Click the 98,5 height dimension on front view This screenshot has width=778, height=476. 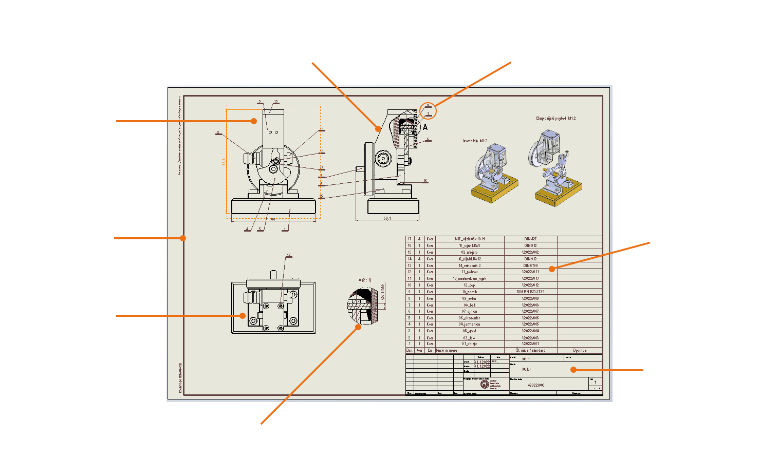(x=224, y=162)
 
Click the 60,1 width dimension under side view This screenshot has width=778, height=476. (x=387, y=218)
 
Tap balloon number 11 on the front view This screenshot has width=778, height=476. (x=322, y=129)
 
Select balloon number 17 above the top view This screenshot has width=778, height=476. (x=289, y=255)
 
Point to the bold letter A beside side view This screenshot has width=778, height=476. (x=425, y=127)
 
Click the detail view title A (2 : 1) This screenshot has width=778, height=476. (x=365, y=280)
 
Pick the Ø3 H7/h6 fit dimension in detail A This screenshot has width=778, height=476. (x=382, y=292)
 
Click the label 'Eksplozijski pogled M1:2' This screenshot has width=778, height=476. (x=555, y=118)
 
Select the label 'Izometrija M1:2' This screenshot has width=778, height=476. (x=475, y=141)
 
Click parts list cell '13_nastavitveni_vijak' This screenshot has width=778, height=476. (x=470, y=278)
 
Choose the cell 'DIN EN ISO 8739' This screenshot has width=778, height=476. (x=530, y=292)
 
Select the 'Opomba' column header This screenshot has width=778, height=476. (x=579, y=350)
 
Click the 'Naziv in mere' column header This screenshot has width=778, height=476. (x=447, y=350)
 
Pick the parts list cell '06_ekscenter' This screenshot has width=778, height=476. (x=470, y=318)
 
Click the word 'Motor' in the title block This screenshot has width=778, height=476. (x=527, y=369)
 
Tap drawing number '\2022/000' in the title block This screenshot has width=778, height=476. (x=536, y=385)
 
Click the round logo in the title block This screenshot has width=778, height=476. (x=485, y=384)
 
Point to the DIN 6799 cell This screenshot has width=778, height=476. (x=530, y=265)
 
